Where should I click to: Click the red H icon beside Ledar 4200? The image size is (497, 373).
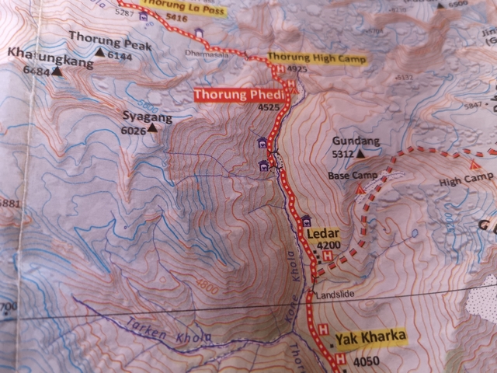coord(327,256)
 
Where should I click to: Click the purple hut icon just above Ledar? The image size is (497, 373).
coord(305,219)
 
